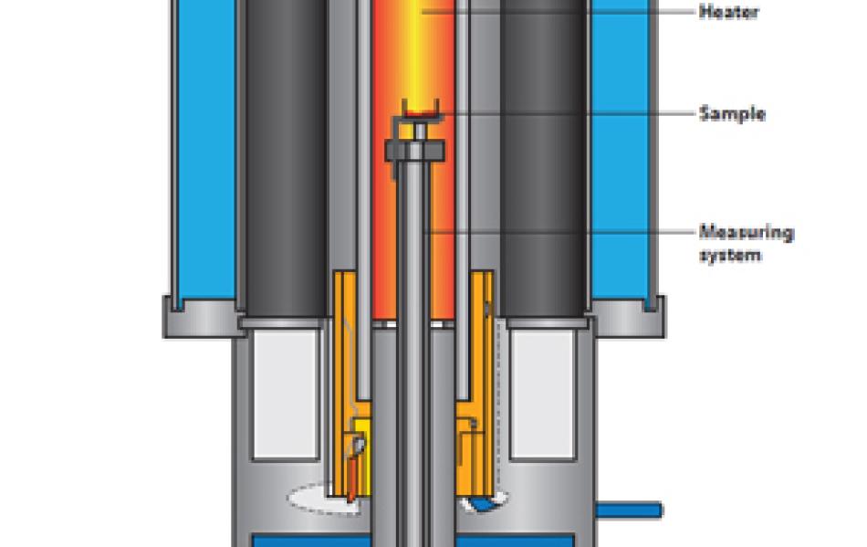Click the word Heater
click(729, 12)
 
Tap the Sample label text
click(732, 114)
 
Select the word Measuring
click(747, 232)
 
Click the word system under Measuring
click(730, 255)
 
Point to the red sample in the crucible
click(420, 114)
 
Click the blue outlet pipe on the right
click(629, 510)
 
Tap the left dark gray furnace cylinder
click(286, 158)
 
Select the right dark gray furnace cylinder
click(543, 158)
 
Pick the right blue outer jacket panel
click(620, 150)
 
